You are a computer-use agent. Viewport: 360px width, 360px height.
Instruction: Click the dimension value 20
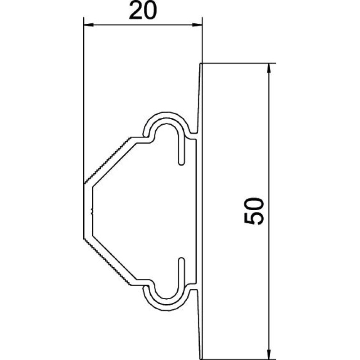[x=143, y=11]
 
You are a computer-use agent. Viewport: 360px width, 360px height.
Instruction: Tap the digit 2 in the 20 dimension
[x=136, y=11]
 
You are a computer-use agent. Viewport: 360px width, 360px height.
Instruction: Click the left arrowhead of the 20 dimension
[x=89, y=25]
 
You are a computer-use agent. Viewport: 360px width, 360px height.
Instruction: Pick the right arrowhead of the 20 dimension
[x=197, y=25]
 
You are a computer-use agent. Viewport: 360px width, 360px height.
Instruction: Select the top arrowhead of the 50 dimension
[x=269, y=68]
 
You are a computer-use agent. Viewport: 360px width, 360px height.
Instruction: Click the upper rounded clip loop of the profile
[x=166, y=115]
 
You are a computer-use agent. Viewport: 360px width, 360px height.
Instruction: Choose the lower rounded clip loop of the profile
[x=166, y=308]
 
